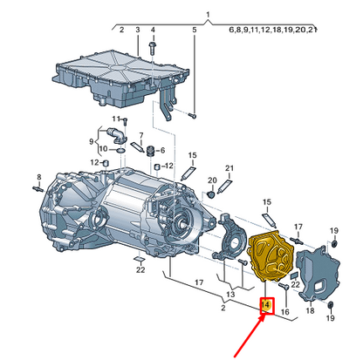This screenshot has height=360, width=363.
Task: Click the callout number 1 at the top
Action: click(x=208, y=15)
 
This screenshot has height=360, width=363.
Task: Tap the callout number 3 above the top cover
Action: click(x=137, y=30)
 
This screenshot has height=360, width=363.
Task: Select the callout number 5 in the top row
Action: click(x=194, y=30)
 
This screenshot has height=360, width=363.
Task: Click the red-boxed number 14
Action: click(x=267, y=306)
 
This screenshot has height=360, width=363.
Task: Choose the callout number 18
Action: click(x=310, y=309)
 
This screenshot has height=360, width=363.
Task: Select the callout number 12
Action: click(x=92, y=162)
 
